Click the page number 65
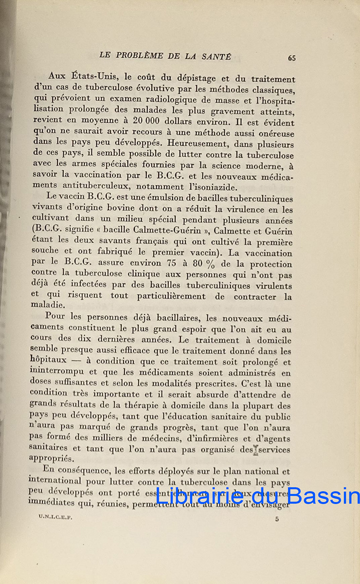(x=291, y=57)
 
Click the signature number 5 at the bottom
(x=277, y=519)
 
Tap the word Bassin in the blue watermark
(x=326, y=497)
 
